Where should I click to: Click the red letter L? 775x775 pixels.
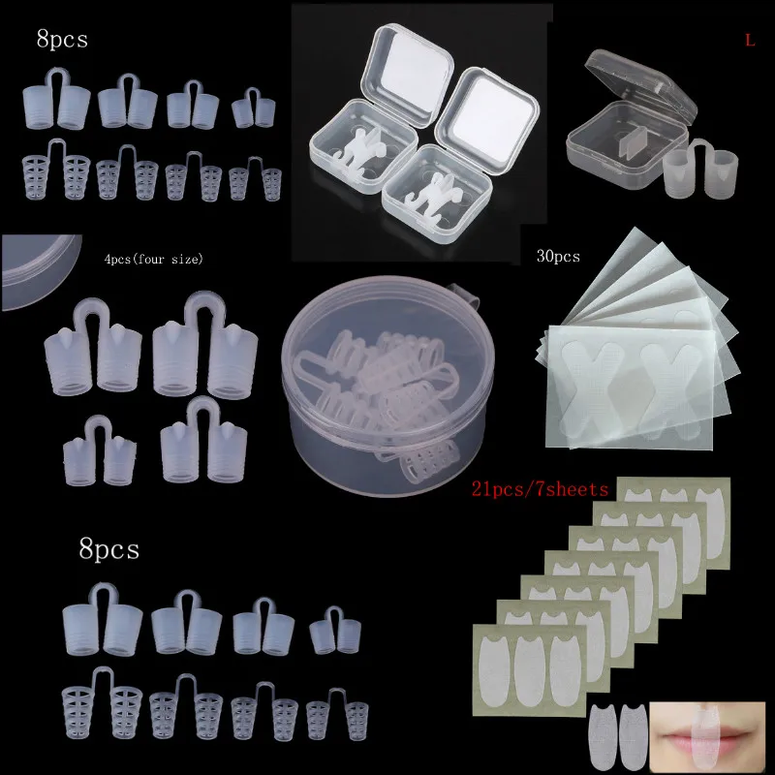click(x=749, y=41)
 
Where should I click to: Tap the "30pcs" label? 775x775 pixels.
click(x=558, y=257)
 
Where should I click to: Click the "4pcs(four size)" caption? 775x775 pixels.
click(x=154, y=260)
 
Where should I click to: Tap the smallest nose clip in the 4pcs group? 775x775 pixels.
click(x=97, y=448)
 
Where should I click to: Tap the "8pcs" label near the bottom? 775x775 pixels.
click(x=108, y=549)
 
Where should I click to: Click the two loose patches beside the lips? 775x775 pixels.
click(x=616, y=733)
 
